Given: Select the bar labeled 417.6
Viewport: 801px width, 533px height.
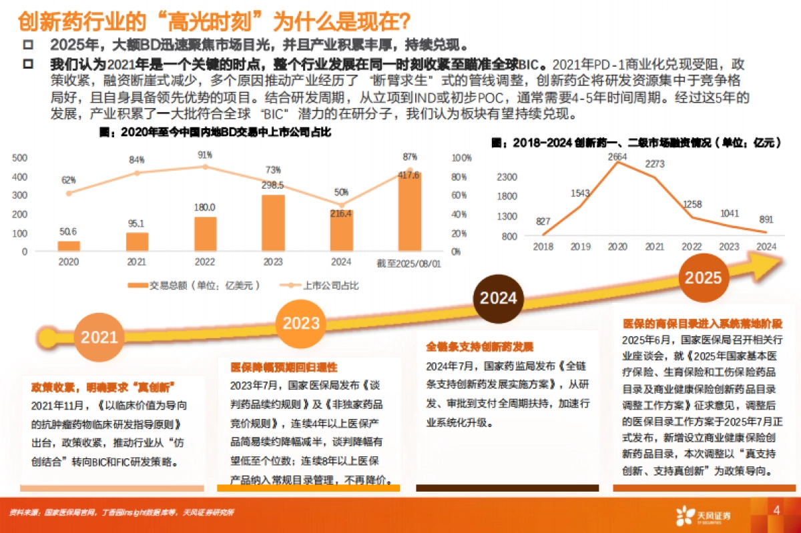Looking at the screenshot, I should pyautogui.click(x=409, y=211).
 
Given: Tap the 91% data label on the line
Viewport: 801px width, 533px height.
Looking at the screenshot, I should pyautogui.click(x=205, y=155).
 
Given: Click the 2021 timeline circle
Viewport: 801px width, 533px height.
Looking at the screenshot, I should pyautogui.click(x=99, y=338).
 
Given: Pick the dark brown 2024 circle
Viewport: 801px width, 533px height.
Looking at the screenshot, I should pyautogui.click(x=499, y=298).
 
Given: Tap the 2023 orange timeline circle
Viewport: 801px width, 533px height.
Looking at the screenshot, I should pyautogui.click(x=301, y=324).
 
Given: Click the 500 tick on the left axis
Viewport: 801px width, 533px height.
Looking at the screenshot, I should pyautogui.click(x=19, y=158).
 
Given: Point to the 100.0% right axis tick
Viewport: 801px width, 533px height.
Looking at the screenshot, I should pyautogui.click(x=462, y=158).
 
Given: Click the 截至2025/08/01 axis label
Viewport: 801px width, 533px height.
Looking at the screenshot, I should pyautogui.click(x=409, y=263).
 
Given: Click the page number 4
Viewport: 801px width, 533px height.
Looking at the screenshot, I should pyautogui.click(x=776, y=511).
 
